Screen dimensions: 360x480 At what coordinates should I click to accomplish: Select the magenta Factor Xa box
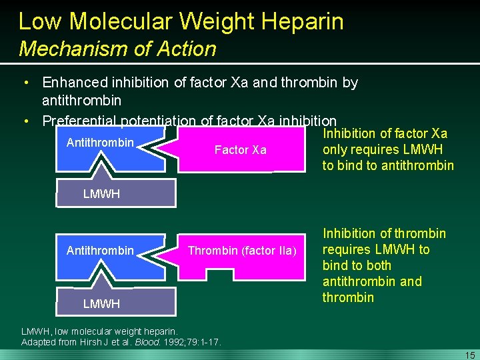240,150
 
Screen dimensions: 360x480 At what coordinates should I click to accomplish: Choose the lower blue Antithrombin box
100,251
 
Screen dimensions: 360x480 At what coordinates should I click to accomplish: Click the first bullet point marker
25,83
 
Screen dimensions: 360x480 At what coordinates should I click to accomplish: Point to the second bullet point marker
25,121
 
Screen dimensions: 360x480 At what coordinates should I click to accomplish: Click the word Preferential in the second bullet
79,121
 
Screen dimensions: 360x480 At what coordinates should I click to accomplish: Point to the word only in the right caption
335,149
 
